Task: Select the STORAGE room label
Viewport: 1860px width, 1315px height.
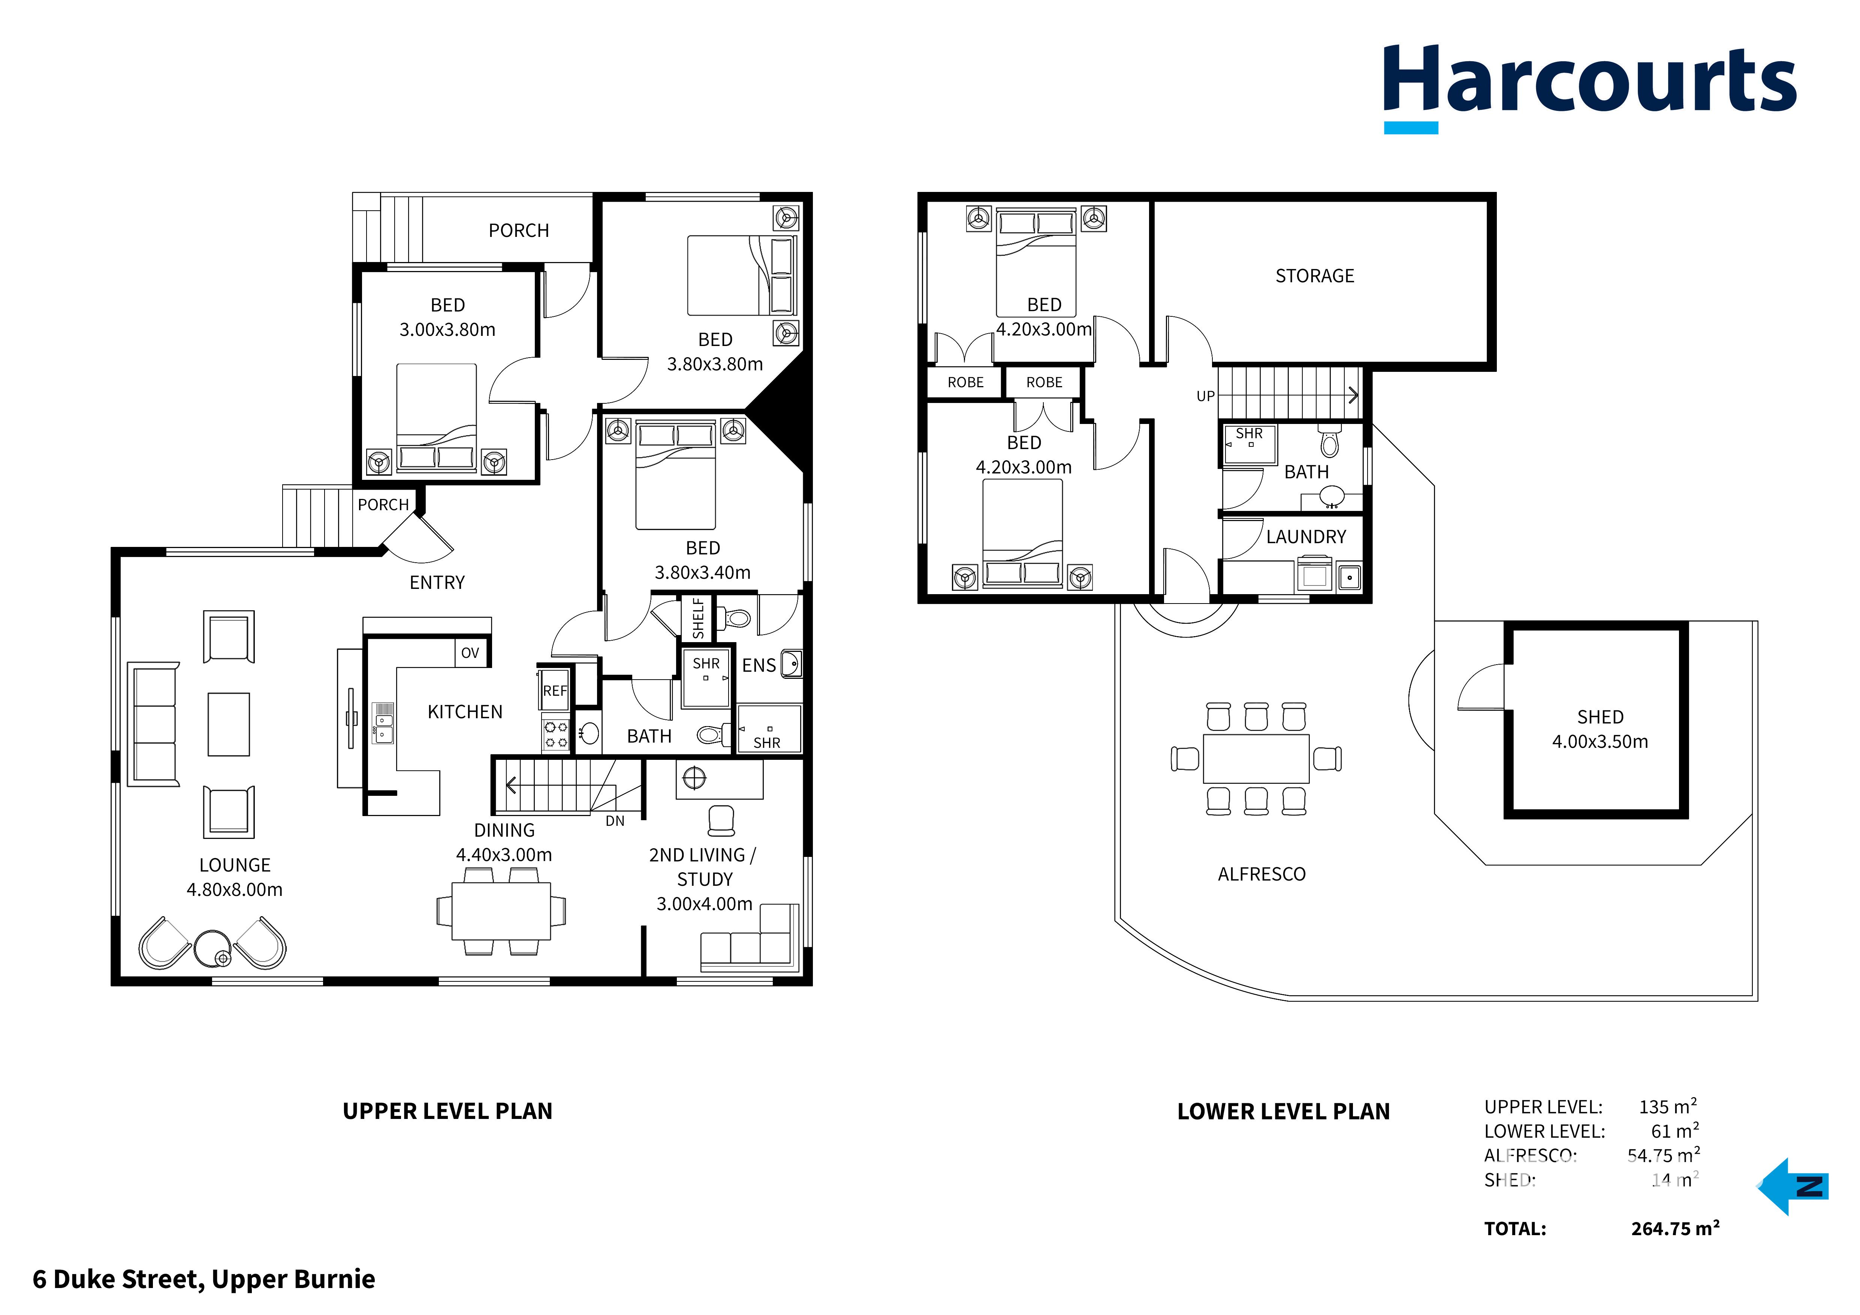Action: tap(1314, 276)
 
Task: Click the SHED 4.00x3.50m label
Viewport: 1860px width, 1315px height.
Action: tap(1599, 729)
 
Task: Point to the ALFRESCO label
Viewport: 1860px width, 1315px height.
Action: tap(1261, 874)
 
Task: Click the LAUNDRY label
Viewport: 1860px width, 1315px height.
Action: tap(1305, 537)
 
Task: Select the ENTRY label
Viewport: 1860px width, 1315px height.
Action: tap(437, 583)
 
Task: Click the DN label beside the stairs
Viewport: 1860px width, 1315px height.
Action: tap(615, 821)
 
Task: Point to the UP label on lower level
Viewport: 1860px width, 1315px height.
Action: tap(1205, 396)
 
